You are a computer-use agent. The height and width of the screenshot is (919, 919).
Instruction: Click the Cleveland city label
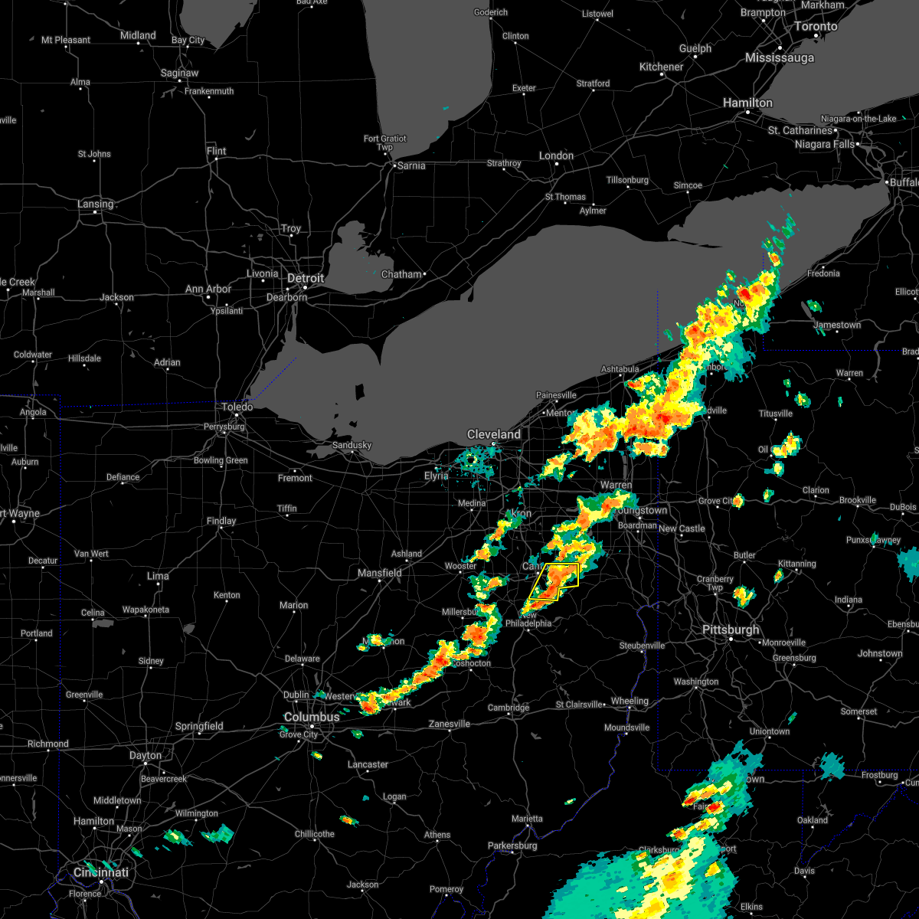click(494, 434)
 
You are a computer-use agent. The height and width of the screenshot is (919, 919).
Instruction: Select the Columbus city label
click(311, 717)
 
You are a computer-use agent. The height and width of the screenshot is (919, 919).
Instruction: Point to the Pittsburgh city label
click(731, 630)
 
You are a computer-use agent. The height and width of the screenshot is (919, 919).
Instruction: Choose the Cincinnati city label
click(100, 872)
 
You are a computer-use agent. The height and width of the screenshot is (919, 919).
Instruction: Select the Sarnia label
click(410, 165)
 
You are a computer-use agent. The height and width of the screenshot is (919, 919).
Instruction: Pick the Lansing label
click(95, 204)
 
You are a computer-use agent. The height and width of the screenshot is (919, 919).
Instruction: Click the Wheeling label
click(630, 701)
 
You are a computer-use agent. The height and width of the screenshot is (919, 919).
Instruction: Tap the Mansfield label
click(380, 573)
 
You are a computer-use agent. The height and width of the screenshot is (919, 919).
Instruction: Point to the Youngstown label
click(642, 510)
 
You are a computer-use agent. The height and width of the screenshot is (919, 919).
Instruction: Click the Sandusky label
click(352, 445)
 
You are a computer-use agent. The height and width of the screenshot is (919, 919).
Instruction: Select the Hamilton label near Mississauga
click(749, 103)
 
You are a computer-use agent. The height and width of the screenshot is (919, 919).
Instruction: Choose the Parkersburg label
click(512, 845)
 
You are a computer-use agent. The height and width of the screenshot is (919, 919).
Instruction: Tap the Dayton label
click(145, 755)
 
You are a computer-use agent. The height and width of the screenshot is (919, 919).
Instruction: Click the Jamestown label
click(837, 325)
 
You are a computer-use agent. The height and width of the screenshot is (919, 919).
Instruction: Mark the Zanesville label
click(450, 724)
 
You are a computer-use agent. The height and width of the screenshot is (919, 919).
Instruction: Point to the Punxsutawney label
click(873, 540)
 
